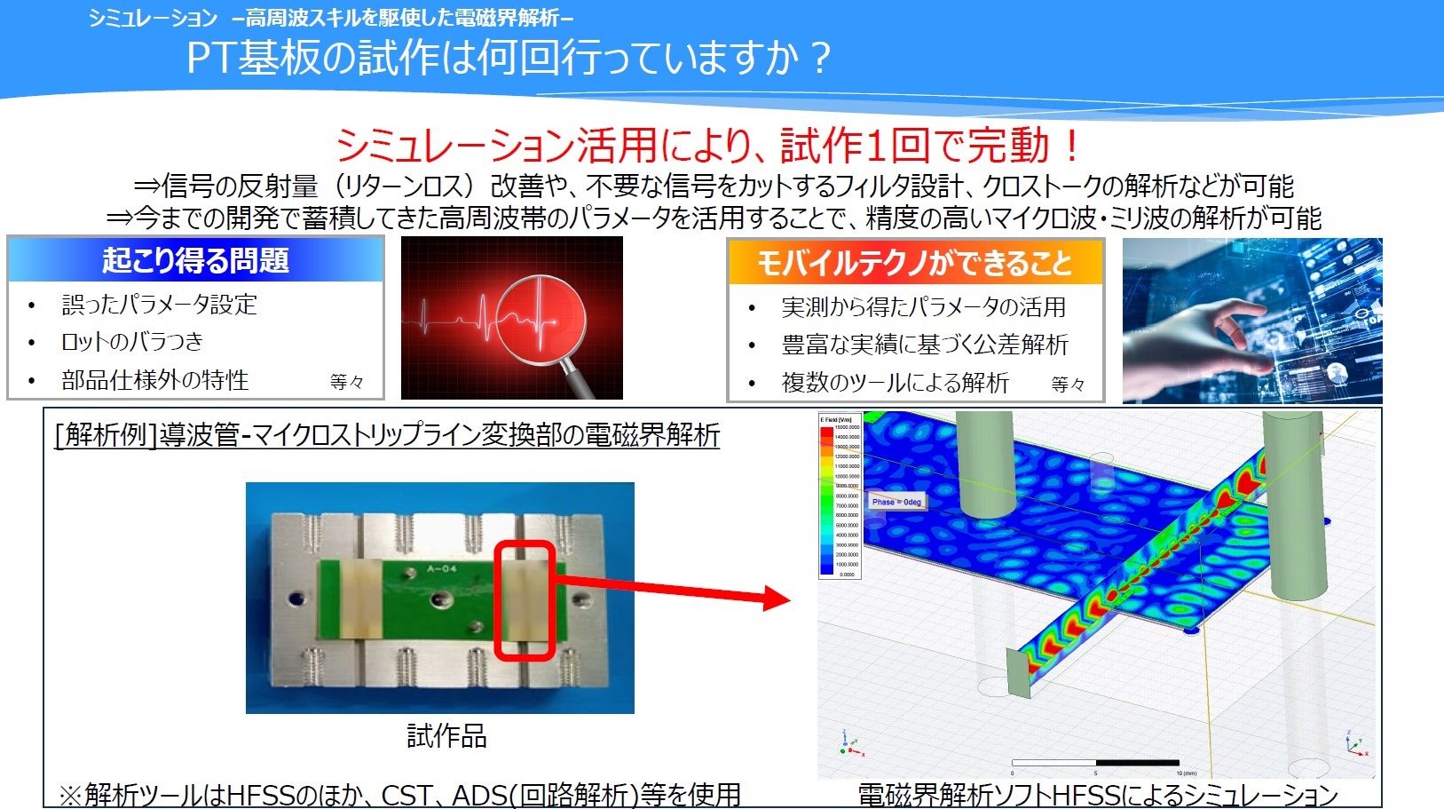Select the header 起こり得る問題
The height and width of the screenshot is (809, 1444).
pos(195,260)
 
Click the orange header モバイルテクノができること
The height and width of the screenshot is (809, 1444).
pos(914,263)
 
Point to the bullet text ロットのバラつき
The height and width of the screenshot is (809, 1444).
pos(132,342)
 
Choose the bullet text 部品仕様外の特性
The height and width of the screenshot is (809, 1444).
pos(155,380)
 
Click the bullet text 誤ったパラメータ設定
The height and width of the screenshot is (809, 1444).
pos(160,305)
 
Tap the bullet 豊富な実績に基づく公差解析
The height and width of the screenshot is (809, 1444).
pos(924,345)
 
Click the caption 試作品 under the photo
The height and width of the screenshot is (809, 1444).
pos(446,736)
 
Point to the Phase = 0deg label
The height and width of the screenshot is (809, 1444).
pos(896,502)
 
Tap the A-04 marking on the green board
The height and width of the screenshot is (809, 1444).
pos(441,568)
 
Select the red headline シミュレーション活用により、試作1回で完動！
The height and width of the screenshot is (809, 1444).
pos(708,146)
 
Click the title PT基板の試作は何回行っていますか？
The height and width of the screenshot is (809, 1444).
pos(509,58)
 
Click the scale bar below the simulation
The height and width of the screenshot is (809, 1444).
pos(1095,763)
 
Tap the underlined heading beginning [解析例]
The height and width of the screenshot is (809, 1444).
pos(387,435)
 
